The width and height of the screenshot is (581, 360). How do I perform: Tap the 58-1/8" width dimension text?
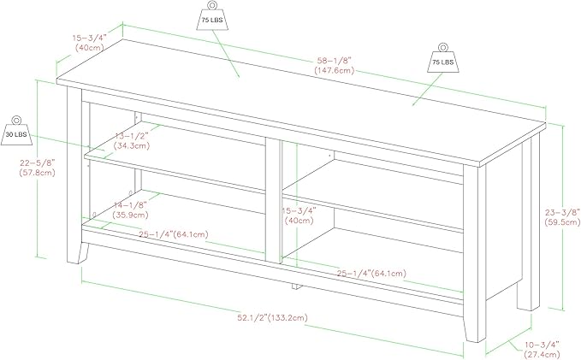click(x=334, y=60)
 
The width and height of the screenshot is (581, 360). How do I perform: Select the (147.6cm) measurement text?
click(x=335, y=70)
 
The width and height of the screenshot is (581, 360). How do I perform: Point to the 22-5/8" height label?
click(x=38, y=162)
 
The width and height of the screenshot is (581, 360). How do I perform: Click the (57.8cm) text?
click(x=37, y=172)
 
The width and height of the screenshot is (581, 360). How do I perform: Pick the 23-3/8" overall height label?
click(x=562, y=212)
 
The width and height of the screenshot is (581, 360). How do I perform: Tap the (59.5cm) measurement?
click(x=562, y=222)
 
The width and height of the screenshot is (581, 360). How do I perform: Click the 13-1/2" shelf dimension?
click(x=132, y=136)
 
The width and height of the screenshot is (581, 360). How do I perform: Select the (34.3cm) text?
click(x=132, y=146)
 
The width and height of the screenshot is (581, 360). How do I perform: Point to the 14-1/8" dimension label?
click(x=130, y=205)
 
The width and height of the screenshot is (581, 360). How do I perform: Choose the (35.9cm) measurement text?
click(x=131, y=215)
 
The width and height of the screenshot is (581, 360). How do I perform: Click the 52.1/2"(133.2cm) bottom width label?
click(x=272, y=317)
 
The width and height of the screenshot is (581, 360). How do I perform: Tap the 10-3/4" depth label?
click(x=541, y=345)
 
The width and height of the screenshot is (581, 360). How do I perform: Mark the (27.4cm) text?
click(x=542, y=355)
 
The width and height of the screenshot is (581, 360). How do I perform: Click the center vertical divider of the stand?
click(x=274, y=200)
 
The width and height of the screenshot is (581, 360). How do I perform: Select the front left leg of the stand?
click(x=75, y=175)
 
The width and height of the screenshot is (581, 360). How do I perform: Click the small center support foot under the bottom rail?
click(x=296, y=286)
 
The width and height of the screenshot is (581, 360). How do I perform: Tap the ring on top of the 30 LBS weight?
click(x=16, y=120)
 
